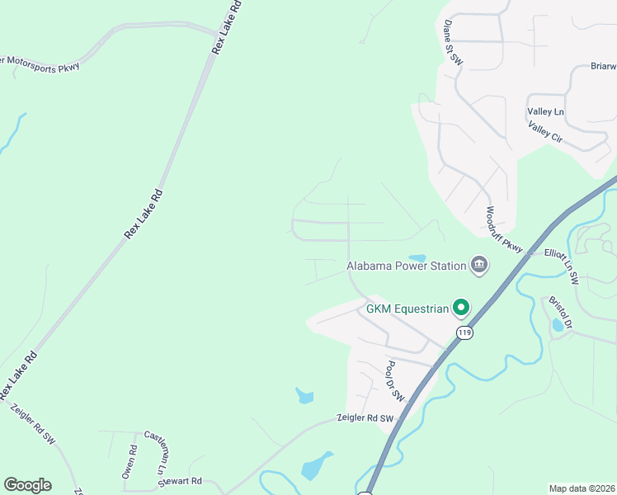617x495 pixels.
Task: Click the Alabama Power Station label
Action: [405, 266]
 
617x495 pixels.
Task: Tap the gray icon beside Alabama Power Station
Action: [478, 265]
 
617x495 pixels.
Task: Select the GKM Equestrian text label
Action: [407, 309]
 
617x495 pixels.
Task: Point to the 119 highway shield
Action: [464, 332]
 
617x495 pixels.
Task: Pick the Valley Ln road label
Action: [546, 111]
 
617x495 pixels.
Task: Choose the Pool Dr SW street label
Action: [395, 380]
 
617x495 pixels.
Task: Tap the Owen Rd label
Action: [130, 462]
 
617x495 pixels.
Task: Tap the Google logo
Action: [27, 485]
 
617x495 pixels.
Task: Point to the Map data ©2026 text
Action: [582, 488]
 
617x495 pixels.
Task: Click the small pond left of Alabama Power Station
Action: [417, 257]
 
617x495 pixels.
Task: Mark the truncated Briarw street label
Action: [603, 66]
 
